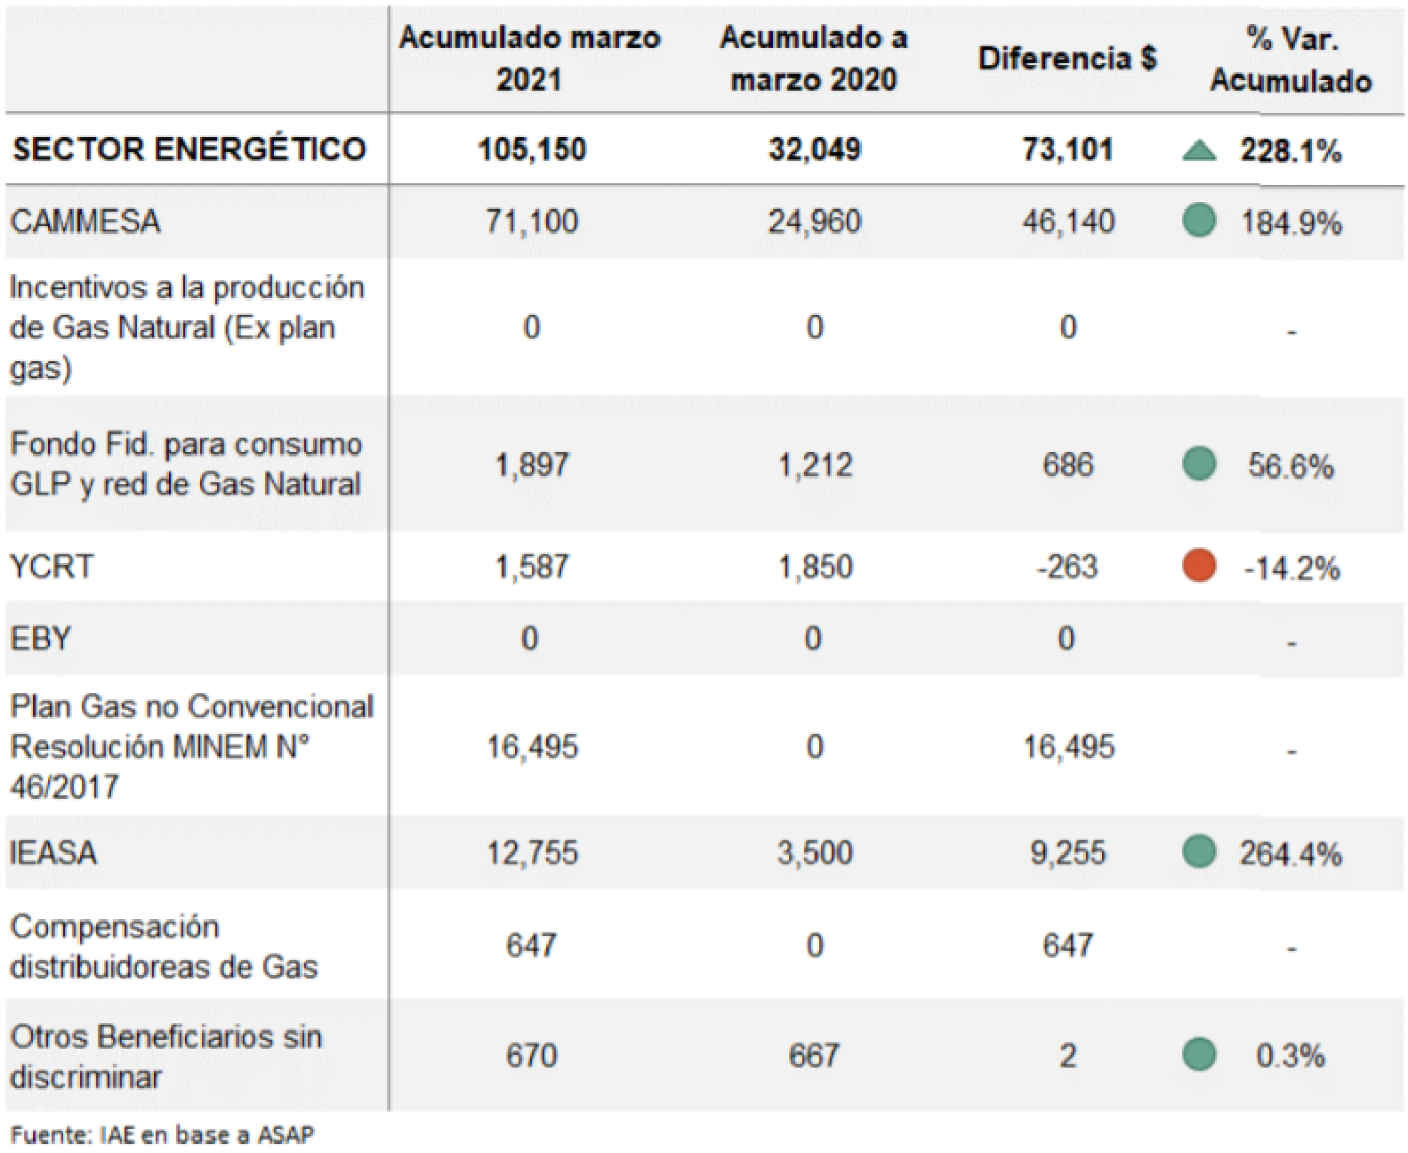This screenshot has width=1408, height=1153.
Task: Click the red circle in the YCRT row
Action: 1199,566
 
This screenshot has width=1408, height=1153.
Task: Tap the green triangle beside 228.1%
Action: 1199,151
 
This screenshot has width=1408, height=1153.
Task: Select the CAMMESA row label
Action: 85,222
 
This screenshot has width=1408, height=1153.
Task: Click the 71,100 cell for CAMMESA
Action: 531,222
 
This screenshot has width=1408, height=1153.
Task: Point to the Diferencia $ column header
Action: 1066,59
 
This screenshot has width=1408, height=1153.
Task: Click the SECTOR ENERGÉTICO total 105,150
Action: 531,149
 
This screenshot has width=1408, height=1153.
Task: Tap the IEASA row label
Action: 53,853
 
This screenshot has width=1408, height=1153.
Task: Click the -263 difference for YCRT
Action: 1066,567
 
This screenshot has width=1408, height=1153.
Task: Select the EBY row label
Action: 40,639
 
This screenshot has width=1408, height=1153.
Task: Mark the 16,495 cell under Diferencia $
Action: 1068,747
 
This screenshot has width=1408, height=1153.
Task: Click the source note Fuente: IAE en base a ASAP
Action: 162,1135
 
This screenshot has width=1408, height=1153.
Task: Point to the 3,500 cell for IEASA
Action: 814,853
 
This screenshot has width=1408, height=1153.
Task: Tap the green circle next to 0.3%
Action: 1199,1055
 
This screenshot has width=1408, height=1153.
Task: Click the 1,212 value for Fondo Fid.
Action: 815,464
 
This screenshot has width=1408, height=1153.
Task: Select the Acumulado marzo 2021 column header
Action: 529,59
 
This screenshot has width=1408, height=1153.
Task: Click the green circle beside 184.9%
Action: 1199,221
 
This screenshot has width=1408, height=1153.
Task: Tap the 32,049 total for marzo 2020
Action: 814,149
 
